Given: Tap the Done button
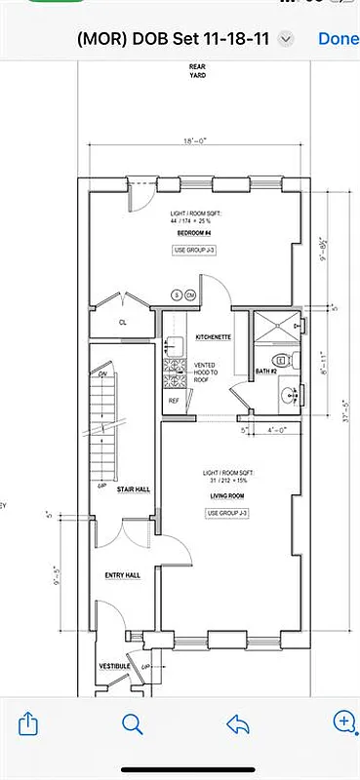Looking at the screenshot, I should coord(338,39).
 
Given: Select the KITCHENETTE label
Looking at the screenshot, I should coord(213,336).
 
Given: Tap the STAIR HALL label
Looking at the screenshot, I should coord(133,488).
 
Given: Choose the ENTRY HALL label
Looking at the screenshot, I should coord(123,575).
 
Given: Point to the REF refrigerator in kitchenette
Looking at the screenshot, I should coord(174,401).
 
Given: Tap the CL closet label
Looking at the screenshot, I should coord(123,321).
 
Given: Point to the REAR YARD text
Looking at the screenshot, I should coord(197,70).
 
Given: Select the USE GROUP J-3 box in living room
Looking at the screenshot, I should coord(226,513).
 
